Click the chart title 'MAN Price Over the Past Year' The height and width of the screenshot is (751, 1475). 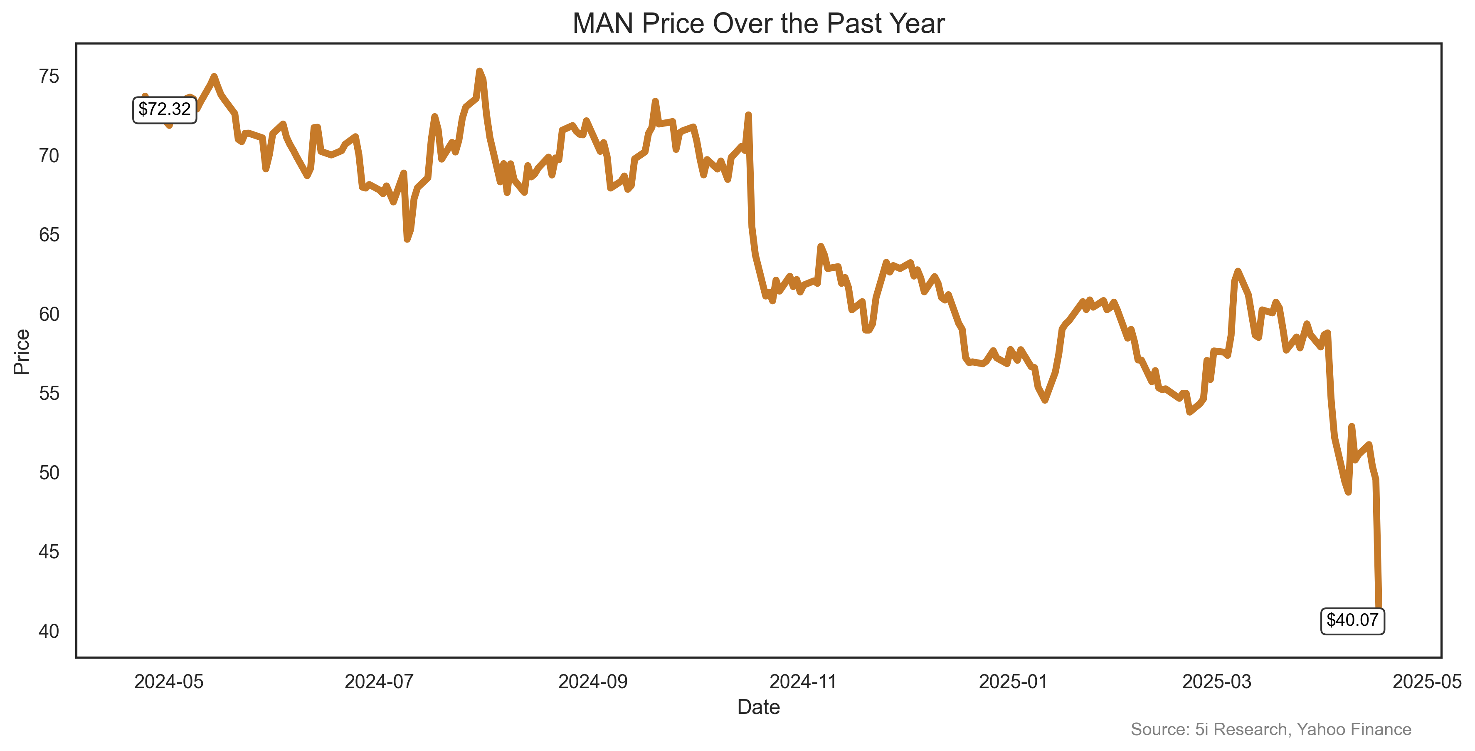point(758,24)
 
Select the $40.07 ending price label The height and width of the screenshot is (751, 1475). point(1352,620)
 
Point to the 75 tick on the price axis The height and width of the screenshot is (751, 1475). point(49,76)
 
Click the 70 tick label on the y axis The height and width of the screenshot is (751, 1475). point(49,156)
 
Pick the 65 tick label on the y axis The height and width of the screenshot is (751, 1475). point(49,235)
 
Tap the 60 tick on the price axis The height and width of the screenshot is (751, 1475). point(49,314)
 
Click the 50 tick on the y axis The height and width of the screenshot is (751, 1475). point(49,473)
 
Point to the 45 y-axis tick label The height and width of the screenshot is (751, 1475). point(49,552)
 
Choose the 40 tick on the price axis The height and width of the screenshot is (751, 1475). point(49,631)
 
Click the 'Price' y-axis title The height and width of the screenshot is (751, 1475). point(22,352)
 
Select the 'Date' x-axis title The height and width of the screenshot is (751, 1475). point(758,707)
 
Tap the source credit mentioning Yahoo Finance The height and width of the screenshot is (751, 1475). point(1270,729)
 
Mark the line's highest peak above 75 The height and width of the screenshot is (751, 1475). point(479,71)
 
